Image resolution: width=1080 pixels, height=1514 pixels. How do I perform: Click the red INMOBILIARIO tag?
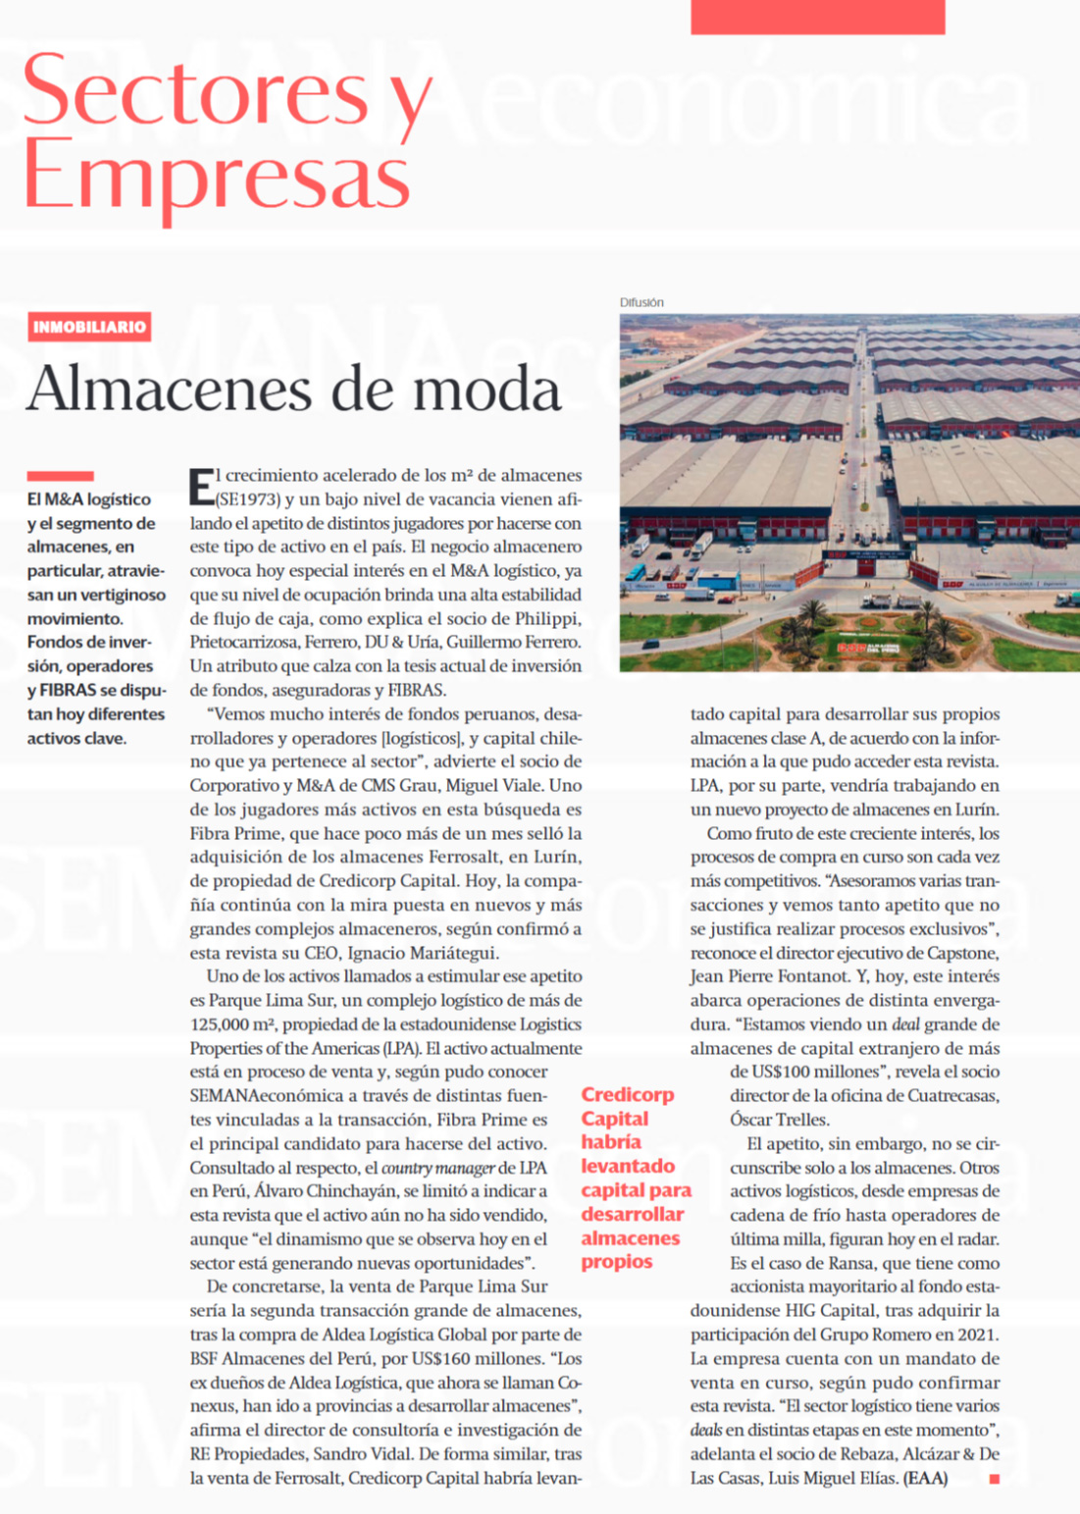point(89,327)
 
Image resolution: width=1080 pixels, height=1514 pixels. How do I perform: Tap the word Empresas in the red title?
point(217,175)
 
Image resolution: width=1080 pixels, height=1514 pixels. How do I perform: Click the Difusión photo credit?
point(642,302)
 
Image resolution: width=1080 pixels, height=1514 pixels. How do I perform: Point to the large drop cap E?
point(201,487)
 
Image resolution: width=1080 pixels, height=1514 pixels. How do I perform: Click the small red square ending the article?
point(994,1478)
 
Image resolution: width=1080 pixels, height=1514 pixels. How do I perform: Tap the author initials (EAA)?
point(925,1478)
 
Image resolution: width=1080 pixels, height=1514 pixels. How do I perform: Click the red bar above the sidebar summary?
point(60,476)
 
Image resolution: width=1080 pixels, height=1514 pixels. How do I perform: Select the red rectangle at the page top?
point(817,17)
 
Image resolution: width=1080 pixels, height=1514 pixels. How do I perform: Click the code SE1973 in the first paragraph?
point(248,499)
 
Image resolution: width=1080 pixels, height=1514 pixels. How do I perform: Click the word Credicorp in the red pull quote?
point(628,1095)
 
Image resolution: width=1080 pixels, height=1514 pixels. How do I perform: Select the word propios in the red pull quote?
point(616,1262)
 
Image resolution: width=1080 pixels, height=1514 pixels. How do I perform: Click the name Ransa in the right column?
point(852,1264)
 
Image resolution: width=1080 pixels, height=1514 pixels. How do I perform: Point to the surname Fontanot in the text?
point(808,977)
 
